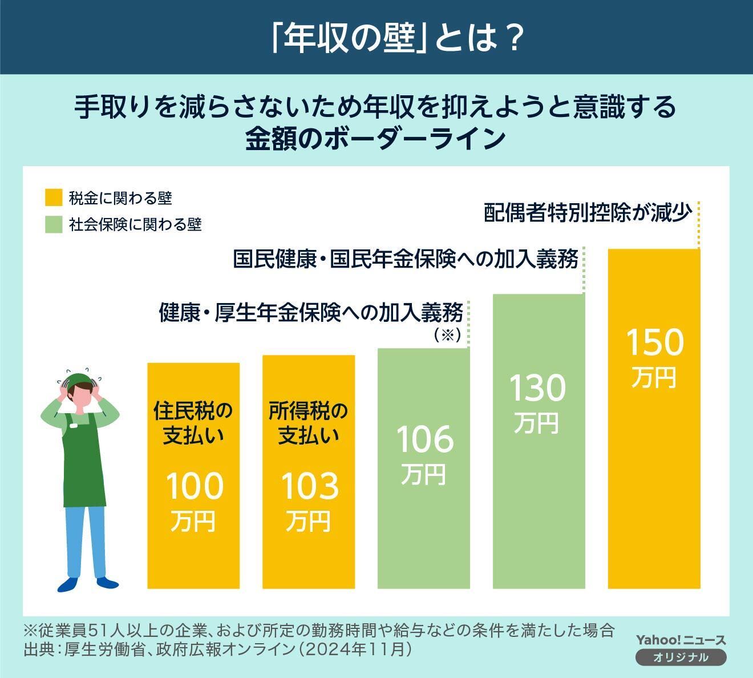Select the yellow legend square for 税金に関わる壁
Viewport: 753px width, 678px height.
coord(53,198)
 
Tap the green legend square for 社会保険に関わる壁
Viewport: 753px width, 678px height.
coord(53,224)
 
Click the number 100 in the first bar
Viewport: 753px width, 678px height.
coord(194,486)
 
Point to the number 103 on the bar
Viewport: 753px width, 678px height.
coord(309,486)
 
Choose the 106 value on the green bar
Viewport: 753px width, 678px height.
coord(424,439)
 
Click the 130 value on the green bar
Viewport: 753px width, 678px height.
coord(537,388)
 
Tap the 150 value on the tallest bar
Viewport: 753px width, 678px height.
coord(654,342)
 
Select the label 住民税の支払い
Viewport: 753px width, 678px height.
coord(193,423)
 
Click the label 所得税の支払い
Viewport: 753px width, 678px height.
coord(309,423)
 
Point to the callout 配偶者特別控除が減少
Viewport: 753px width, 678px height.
coord(588,212)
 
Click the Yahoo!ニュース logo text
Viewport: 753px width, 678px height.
coord(681,640)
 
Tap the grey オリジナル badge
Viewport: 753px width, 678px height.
coord(681,657)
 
